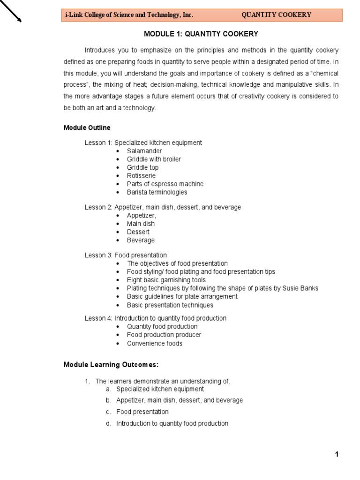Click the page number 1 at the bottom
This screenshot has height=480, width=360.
tap(337, 454)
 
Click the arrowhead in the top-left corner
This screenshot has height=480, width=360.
tap(19, 19)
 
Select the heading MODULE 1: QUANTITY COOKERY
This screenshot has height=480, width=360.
tap(201, 34)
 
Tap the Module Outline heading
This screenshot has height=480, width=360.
tap(87, 127)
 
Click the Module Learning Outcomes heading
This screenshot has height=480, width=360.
tap(111, 365)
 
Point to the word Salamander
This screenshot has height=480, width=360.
tap(144, 151)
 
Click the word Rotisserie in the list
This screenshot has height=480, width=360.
tap(141, 176)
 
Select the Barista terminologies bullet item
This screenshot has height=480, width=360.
tap(157, 192)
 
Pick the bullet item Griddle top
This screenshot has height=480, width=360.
tap(142, 167)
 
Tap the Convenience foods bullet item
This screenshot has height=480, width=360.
tap(155, 344)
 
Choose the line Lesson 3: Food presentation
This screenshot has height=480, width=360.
tap(125, 255)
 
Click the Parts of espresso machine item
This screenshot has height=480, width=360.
tap(165, 184)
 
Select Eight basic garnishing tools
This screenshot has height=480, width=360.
tap(166, 280)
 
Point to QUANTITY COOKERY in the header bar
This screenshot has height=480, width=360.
tap(276, 15)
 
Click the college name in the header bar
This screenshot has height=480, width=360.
tap(129, 15)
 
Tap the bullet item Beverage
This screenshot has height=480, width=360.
tap(141, 240)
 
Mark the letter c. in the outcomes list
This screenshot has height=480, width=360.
tap(108, 412)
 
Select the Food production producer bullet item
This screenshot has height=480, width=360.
tap(164, 335)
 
